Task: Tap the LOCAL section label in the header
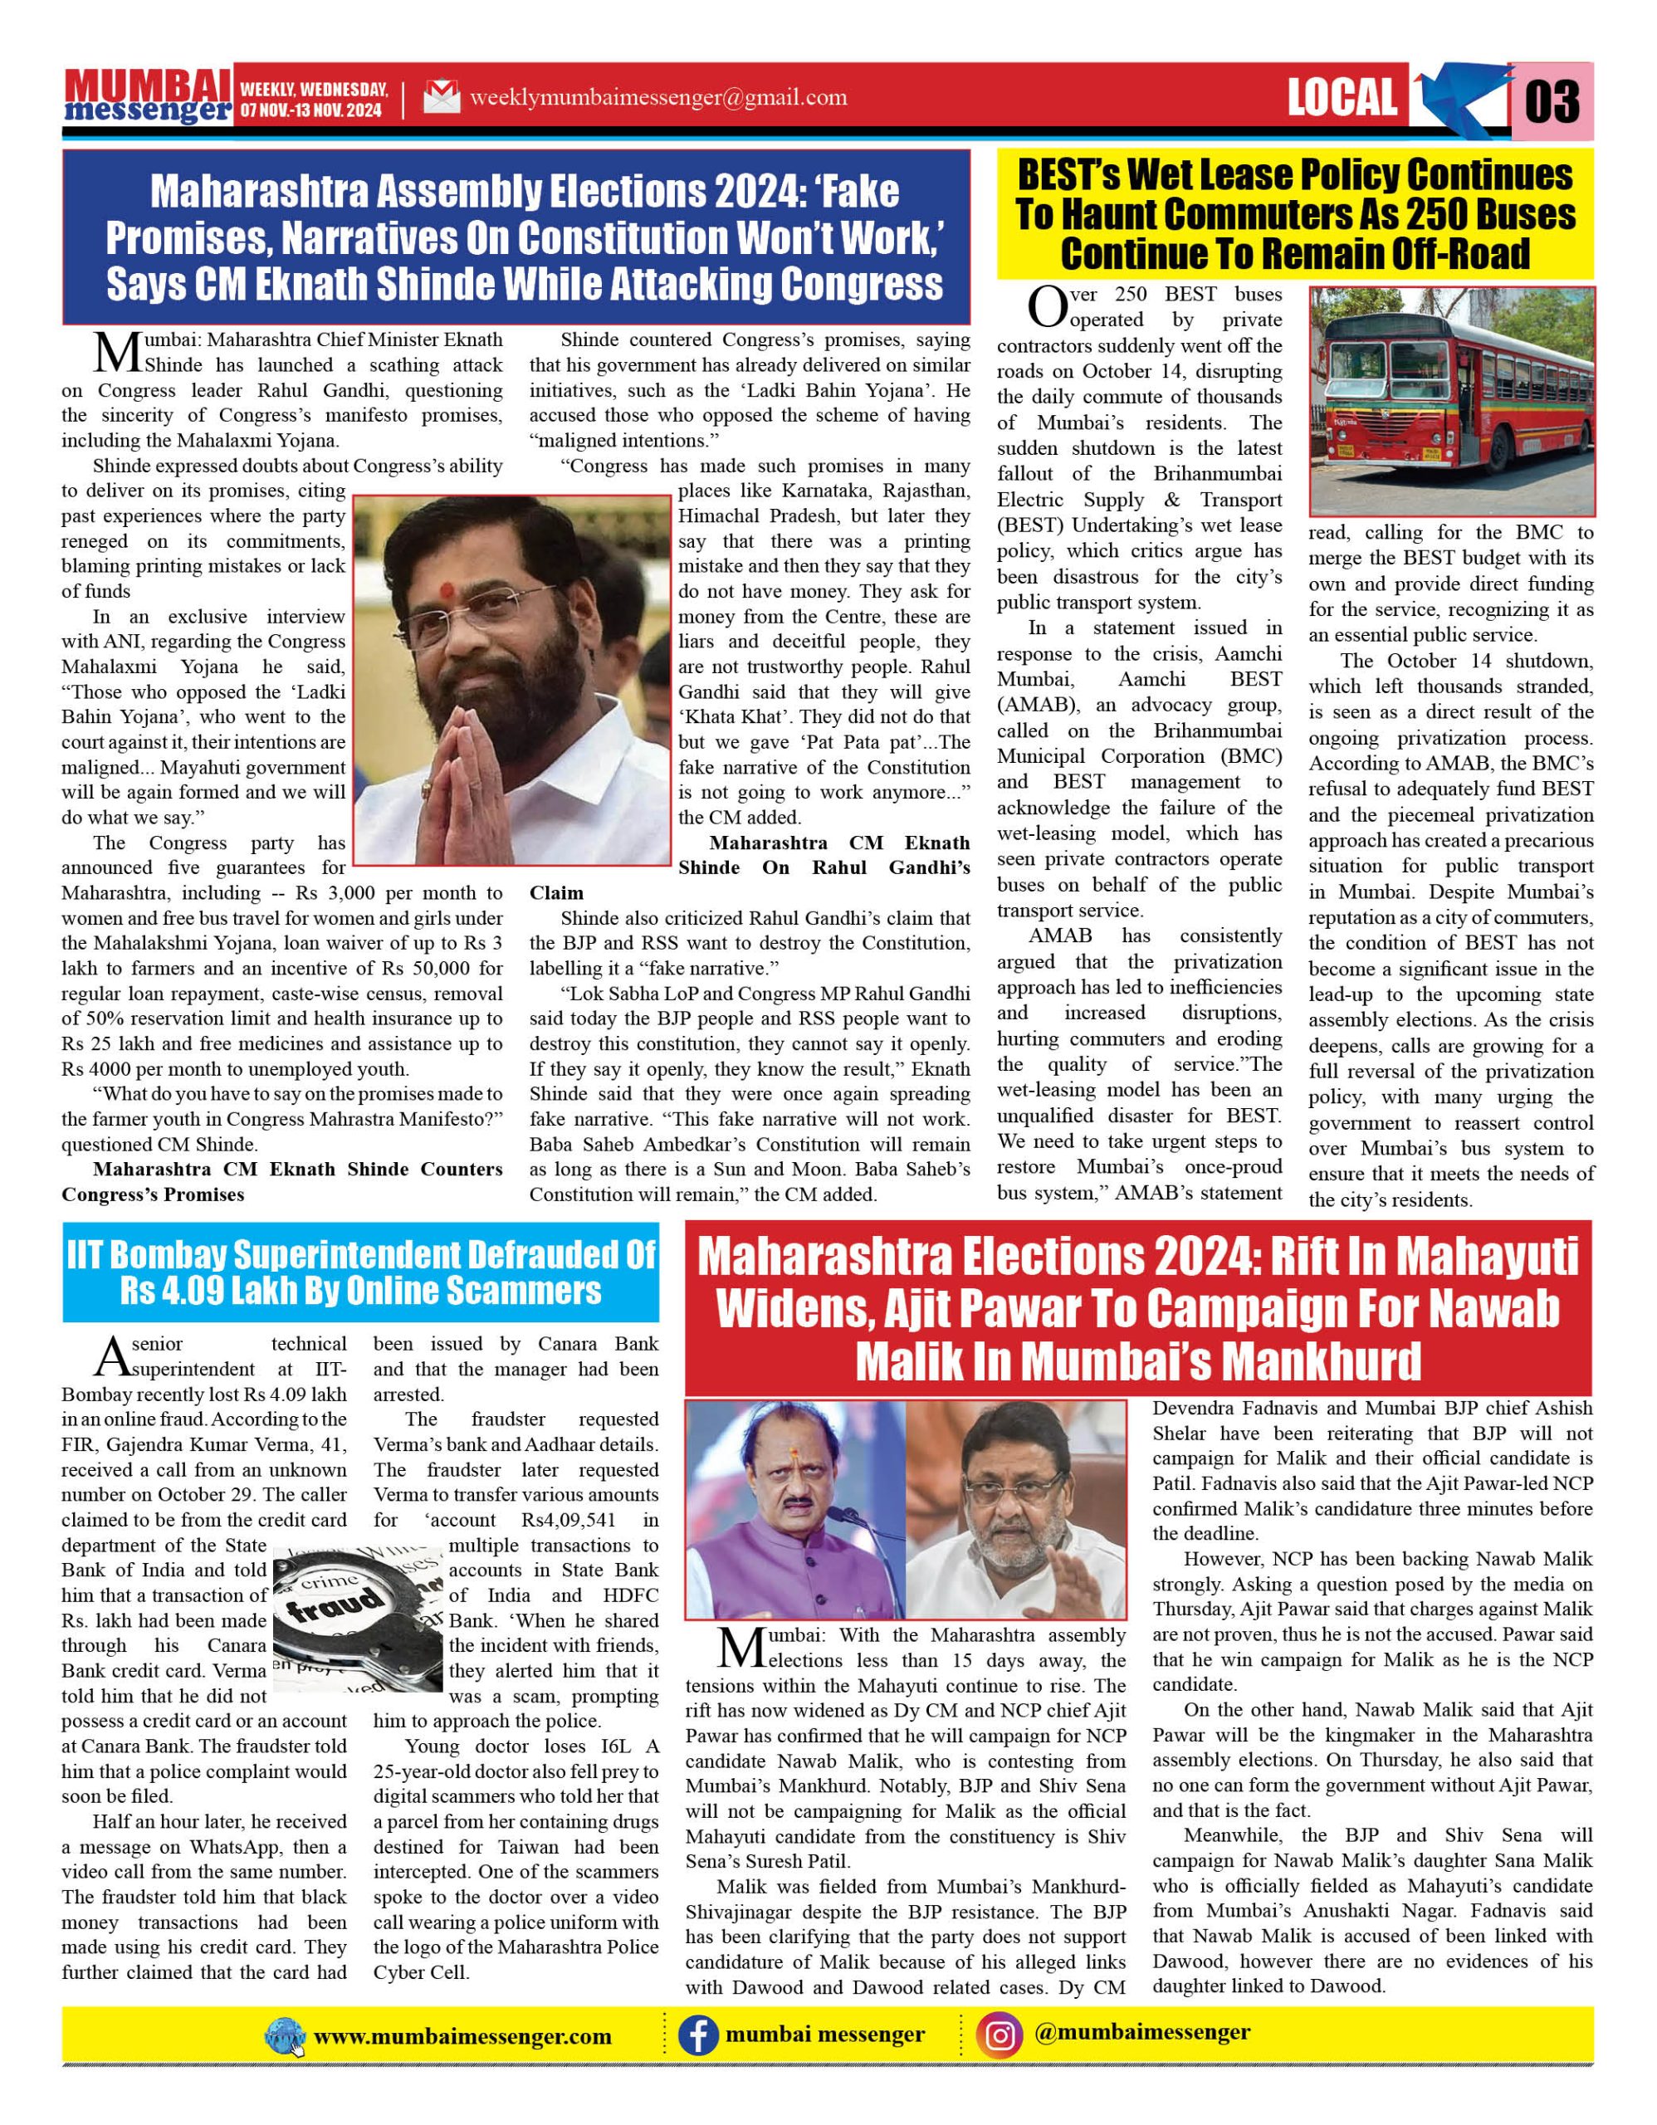pos(1342,98)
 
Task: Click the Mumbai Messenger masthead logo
pos(147,97)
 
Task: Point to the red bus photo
pos(1451,401)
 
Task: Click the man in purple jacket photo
pos(796,1510)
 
